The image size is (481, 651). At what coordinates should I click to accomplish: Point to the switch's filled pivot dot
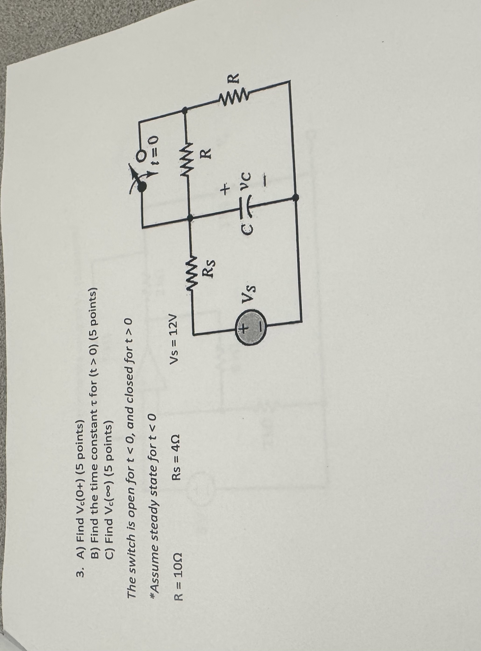[143, 186]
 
